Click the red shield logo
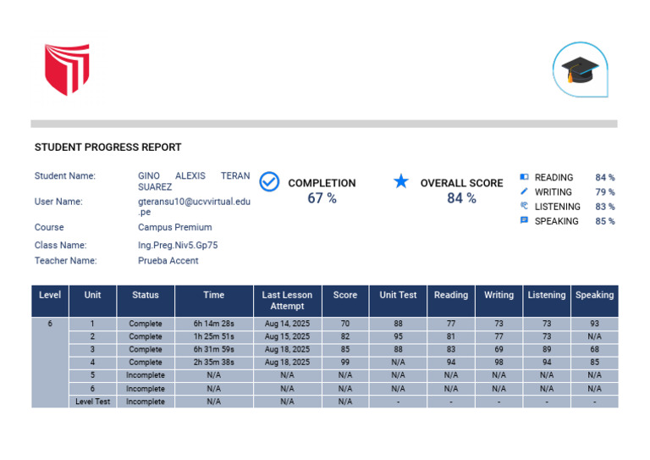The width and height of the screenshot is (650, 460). [67, 69]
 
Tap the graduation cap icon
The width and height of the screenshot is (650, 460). [580, 69]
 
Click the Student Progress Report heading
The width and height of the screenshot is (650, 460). [107, 147]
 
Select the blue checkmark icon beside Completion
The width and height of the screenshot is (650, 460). [269, 182]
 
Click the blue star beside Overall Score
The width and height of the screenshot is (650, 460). [401, 182]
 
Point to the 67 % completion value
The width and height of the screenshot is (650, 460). [322, 198]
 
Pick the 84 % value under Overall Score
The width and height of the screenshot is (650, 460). [461, 198]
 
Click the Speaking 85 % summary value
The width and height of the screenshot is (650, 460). [604, 221]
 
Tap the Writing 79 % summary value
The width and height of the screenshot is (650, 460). [604, 192]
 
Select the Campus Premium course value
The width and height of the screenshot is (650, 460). [174, 227]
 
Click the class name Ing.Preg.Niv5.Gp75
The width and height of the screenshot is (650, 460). [178, 245]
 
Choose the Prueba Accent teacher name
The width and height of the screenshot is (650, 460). [168, 261]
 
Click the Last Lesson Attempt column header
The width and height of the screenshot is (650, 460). [287, 301]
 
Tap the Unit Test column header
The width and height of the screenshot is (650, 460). [398, 296]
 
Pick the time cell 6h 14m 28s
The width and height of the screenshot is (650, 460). [214, 324]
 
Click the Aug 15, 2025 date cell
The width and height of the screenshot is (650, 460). [287, 336]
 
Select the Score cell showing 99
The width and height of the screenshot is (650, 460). [344, 363]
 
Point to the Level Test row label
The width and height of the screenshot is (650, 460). [92, 402]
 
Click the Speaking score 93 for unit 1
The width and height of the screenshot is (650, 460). [594, 324]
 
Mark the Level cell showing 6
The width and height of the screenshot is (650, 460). [50, 324]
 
